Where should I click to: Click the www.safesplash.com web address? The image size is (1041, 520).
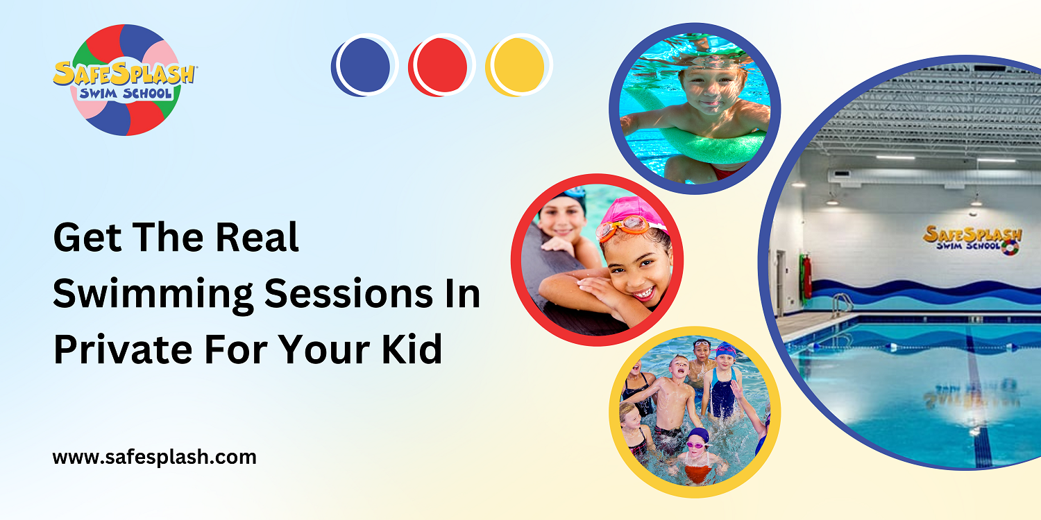[x=155, y=458]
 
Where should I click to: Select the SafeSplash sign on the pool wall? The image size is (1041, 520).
[x=972, y=238]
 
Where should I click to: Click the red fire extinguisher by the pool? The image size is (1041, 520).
[x=806, y=275]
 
